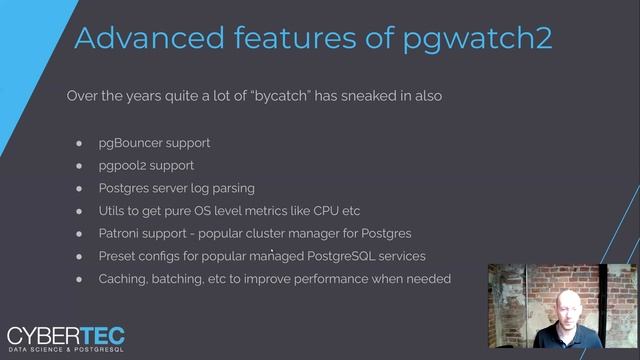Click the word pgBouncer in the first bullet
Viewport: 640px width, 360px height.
point(132,142)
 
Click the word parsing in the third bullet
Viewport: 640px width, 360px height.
point(231,188)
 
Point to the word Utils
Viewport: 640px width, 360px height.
point(113,211)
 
